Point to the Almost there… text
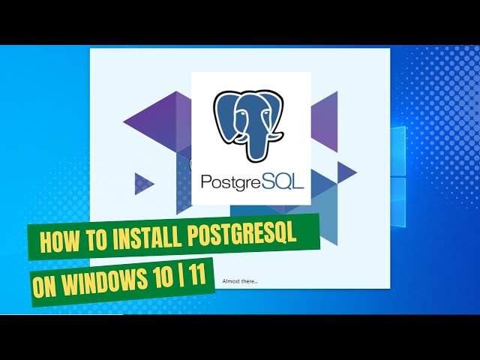coord(240,281)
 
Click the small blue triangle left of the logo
coord(142,183)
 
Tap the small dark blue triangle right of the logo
coord(345,172)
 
